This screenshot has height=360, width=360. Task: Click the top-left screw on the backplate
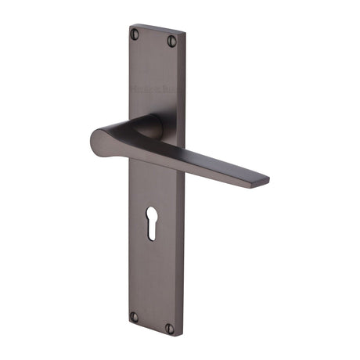pyautogui.click(x=135, y=34)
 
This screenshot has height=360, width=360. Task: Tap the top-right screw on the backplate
pyautogui.click(x=172, y=41)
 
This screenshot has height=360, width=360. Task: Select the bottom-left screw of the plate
pyautogui.click(x=134, y=316)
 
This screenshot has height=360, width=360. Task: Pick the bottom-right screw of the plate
pyautogui.click(x=170, y=327)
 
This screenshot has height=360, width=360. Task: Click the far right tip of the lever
pyautogui.click(x=267, y=181)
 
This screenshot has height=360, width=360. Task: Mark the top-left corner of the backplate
pyautogui.click(x=130, y=26)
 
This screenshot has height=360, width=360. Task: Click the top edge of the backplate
pyautogui.click(x=157, y=30)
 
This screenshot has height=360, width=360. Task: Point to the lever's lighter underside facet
pyautogui.click(x=196, y=167)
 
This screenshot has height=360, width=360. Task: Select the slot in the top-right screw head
pyautogui.click(x=172, y=41)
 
